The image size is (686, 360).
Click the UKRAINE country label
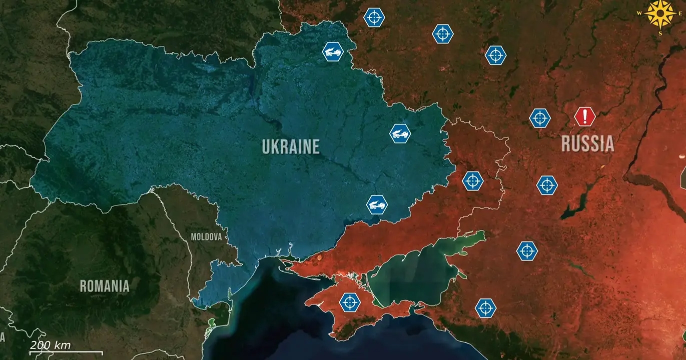pyautogui.click(x=290, y=146)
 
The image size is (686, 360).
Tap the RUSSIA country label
pyautogui.click(x=587, y=143)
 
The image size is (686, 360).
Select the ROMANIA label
pyautogui.click(x=105, y=286)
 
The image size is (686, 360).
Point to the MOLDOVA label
pyautogui.click(x=206, y=237)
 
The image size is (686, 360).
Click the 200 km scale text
pyautogui.click(x=50, y=345)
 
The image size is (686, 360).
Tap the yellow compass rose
pyautogui.click(x=660, y=13)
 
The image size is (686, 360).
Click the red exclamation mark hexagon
pyautogui.click(x=584, y=116)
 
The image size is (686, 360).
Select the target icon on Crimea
pyautogui.click(x=349, y=302)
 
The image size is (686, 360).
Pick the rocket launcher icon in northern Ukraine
pyautogui.click(x=333, y=51)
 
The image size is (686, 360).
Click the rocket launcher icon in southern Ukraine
pyautogui.click(x=377, y=204)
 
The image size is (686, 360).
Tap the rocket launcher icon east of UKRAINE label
pyautogui.click(x=400, y=133)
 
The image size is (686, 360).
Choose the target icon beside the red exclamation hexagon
pyautogui.click(x=540, y=118)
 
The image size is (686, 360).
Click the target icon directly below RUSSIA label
pyautogui.click(x=547, y=185)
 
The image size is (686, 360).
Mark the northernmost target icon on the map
pyautogui.click(x=374, y=17)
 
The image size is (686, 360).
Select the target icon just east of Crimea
pyautogui.click(x=485, y=308)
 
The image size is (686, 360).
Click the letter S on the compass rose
pyautogui.click(x=660, y=33)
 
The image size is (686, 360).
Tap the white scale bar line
pyautogui.click(x=66, y=353)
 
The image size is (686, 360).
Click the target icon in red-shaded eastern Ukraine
pyautogui.click(x=472, y=181)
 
